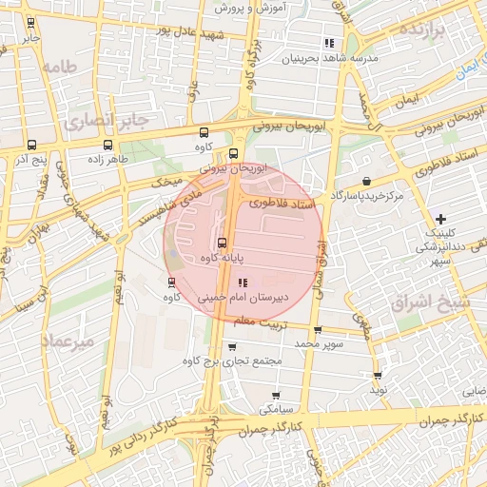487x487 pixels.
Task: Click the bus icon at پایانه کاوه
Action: click(222, 243)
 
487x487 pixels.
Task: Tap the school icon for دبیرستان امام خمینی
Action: click(242, 282)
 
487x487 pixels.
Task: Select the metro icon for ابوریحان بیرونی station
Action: click(233, 154)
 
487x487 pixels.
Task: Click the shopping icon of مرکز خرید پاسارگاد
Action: click(367, 181)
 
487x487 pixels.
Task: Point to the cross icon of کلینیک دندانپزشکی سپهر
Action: click(439, 219)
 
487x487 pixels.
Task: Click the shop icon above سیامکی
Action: click(276, 395)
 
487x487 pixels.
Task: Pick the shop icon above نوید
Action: click(379, 376)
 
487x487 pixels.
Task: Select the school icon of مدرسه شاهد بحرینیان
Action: click(329, 43)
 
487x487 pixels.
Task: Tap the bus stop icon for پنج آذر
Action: click(32, 146)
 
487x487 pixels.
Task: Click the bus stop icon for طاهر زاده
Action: click(107, 146)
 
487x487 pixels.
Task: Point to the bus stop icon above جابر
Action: click(31, 23)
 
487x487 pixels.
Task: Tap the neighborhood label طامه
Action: click(58, 67)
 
